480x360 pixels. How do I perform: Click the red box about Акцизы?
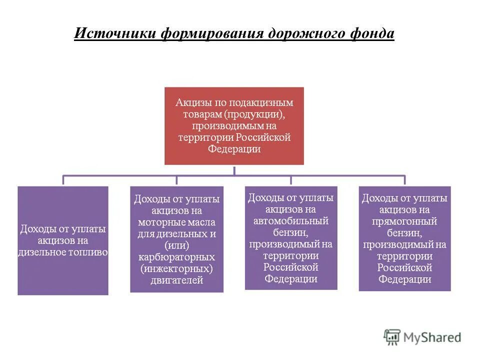click(x=234, y=126)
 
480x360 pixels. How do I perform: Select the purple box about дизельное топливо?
click(x=63, y=240)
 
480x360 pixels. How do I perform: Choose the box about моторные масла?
click(x=176, y=239)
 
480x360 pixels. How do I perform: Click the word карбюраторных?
click(x=176, y=257)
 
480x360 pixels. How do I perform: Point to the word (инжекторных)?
click(x=176, y=269)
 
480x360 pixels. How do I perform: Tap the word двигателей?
click(x=176, y=280)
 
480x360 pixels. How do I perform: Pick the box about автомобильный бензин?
click(x=291, y=238)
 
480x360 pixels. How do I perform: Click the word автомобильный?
click(x=291, y=220)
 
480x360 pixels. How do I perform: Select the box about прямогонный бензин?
click(x=404, y=238)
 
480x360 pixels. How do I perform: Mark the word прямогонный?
click(x=404, y=221)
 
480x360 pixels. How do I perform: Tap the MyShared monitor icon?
click(x=392, y=337)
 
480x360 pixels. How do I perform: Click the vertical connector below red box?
click(x=234, y=170)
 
